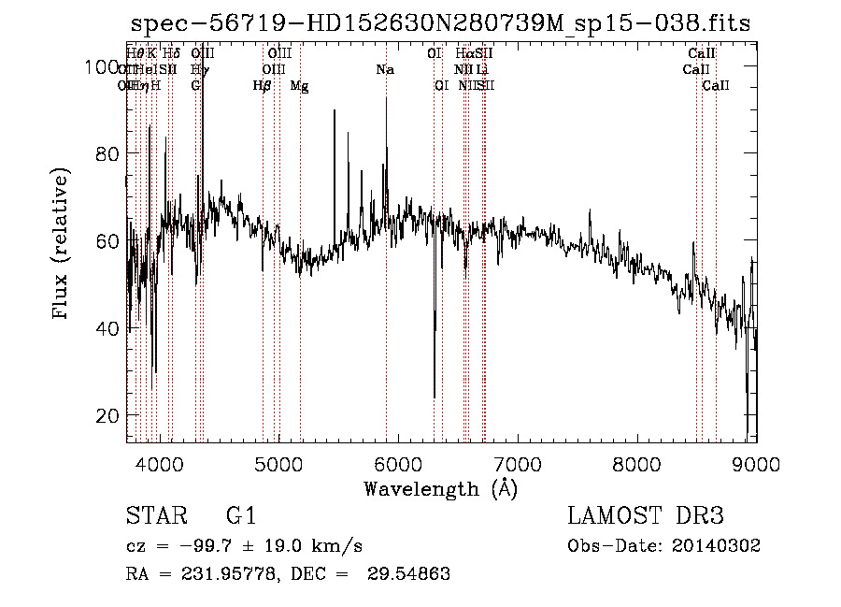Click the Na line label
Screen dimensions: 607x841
coord(385,69)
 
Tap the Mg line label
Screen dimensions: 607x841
coord(299,86)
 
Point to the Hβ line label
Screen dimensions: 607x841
coord(263,86)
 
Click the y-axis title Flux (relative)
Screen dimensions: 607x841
coord(63,244)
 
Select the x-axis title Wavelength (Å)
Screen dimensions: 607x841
coord(440,488)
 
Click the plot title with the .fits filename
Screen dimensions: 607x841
coord(440,23)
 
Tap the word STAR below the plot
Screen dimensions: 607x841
coord(151,516)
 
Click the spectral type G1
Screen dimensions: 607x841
coord(240,516)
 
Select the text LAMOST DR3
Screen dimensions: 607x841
coord(646,516)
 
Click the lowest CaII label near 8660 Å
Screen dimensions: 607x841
coord(716,86)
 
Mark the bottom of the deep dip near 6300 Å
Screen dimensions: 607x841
coord(434,397)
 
